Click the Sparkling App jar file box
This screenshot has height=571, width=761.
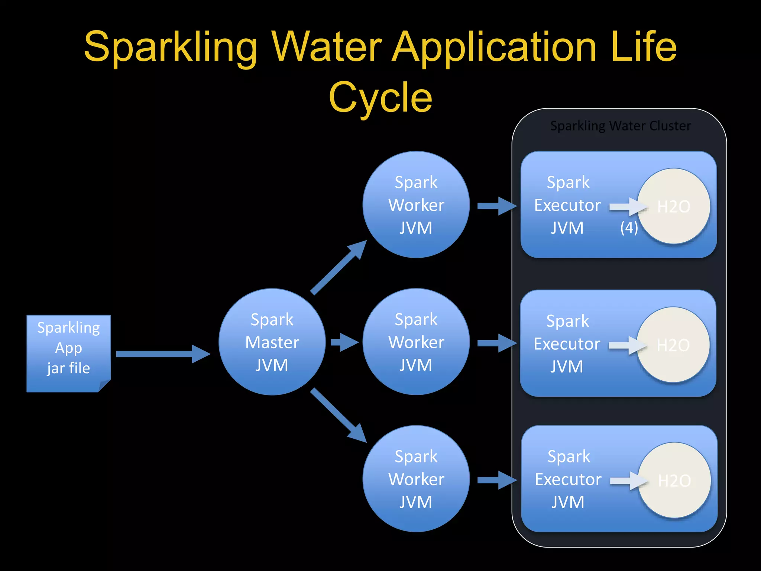pyautogui.click(x=68, y=353)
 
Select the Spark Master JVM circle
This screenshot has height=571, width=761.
pyautogui.click(x=272, y=342)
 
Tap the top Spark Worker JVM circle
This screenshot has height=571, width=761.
pyautogui.click(x=416, y=205)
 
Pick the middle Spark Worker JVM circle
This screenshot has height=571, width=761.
pyautogui.click(x=416, y=342)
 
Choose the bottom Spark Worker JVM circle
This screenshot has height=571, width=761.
pyautogui.click(x=416, y=479)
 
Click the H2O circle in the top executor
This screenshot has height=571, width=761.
pyautogui.click(x=674, y=206)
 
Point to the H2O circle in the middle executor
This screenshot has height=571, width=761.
pyautogui.click(x=673, y=345)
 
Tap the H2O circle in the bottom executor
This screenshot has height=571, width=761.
pyautogui.click(x=674, y=480)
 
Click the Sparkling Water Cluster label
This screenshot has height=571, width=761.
pyautogui.click(x=620, y=126)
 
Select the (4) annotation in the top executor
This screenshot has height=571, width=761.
pyautogui.click(x=629, y=228)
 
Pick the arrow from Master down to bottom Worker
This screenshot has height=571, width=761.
pyautogui.click(x=338, y=415)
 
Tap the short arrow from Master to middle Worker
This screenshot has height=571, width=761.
pyautogui.click(x=344, y=342)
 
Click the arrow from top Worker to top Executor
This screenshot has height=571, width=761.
pyautogui.click(x=496, y=206)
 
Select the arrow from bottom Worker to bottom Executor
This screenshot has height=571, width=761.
pyautogui.click(x=496, y=480)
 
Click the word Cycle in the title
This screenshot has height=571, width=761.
pyautogui.click(x=380, y=97)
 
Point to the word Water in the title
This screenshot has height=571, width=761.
pyautogui.click(x=327, y=47)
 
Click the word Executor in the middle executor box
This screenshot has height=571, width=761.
pyautogui.click(x=567, y=344)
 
